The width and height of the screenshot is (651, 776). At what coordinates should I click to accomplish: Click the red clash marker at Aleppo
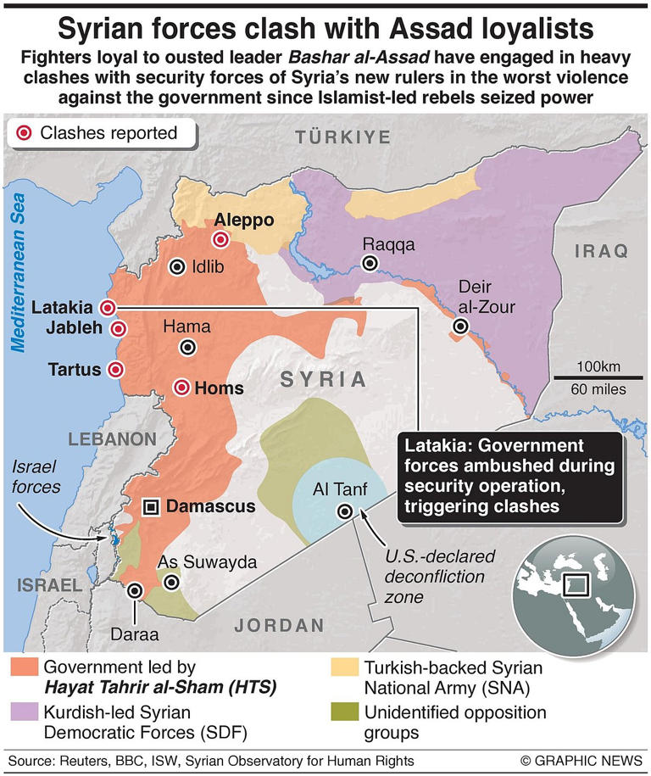[221, 240]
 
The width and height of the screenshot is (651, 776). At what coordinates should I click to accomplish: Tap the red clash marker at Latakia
[108, 308]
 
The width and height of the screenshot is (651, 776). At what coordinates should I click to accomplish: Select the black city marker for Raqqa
[369, 264]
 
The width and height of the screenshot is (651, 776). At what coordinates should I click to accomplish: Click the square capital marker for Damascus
[151, 507]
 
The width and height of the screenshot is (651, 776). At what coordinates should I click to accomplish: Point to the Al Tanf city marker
[344, 511]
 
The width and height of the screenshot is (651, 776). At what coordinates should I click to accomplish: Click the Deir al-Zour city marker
[460, 326]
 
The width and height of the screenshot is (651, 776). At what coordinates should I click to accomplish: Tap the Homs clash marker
[181, 388]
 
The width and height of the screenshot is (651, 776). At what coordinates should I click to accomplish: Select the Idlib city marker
[176, 266]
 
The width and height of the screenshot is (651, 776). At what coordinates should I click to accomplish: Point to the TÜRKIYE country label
[342, 137]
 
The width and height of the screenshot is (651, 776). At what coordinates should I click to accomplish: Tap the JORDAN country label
[280, 625]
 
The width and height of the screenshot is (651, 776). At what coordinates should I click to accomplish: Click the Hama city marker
[187, 347]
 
